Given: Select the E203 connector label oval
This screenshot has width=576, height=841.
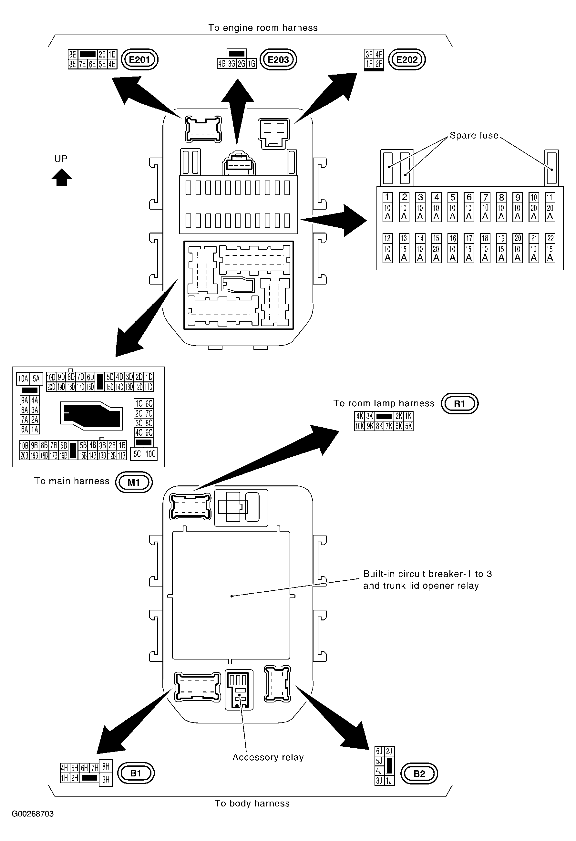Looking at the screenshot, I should (278, 59).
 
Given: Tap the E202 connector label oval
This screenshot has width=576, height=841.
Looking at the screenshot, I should (407, 59).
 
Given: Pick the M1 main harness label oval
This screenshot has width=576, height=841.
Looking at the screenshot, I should (134, 483).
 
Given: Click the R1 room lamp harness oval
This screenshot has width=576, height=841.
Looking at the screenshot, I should (459, 403).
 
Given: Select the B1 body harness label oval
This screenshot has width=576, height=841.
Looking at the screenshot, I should (136, 773).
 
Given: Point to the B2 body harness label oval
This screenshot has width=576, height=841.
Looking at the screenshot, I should (419, 774).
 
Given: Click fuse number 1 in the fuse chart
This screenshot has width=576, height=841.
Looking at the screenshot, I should (387, 207).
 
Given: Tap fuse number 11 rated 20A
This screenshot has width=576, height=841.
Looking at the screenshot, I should (550, 207).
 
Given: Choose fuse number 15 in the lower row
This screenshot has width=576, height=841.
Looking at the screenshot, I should (436, 248).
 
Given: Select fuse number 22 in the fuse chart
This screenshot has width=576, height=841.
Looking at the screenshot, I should (550, 248).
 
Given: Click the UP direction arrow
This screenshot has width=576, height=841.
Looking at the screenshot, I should (62, 178).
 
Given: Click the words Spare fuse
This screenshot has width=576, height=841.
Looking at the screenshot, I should (474, 135).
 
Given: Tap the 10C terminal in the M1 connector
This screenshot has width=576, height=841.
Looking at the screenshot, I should (150, 454).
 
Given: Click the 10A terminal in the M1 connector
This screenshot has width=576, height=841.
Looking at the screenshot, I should (23, 379).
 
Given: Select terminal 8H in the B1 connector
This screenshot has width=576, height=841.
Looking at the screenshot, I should (106, 766).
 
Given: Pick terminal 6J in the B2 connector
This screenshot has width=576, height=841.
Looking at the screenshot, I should (379, 751).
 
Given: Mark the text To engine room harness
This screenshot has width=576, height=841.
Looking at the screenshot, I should (263, 28).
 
